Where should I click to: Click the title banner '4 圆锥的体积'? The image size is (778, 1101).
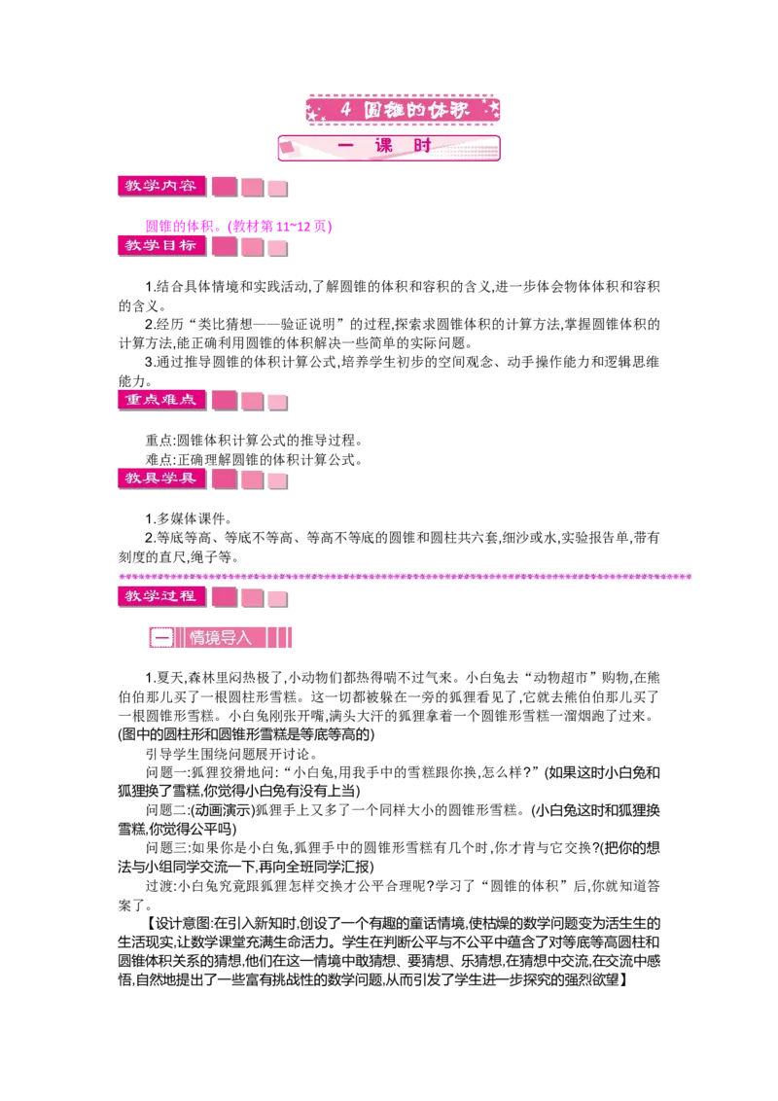pos(403,110)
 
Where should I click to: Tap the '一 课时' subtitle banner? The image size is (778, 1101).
pos(389,148)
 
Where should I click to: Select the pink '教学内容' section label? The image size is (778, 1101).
pos(161,186)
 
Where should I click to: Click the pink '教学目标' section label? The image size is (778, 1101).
pos(161,246)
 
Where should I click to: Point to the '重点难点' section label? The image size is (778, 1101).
pos(161,401)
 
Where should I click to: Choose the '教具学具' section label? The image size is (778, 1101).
pos(161,479)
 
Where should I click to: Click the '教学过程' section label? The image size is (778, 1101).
pos(161,597)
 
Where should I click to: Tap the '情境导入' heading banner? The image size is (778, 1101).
pos(221,638)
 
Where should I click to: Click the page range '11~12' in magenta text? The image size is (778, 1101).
pos(293,226)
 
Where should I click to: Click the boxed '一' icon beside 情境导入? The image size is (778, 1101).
pos(161,638)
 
